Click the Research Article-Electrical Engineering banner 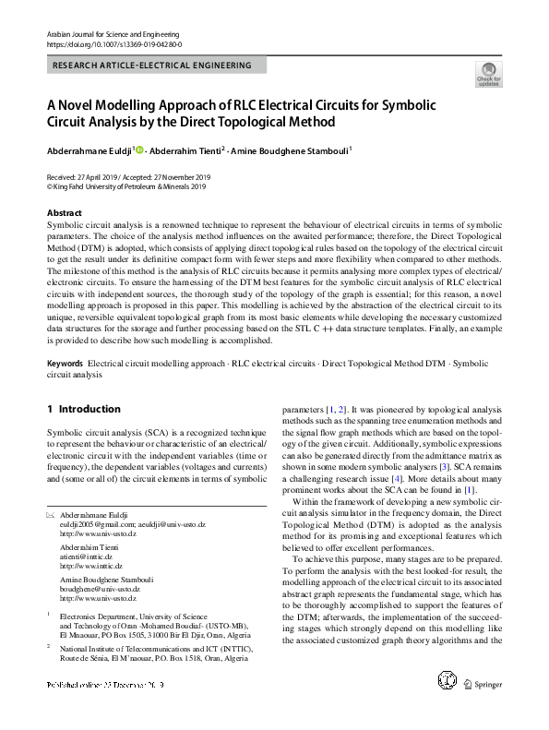[156, 66]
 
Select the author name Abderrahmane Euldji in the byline [89, 149]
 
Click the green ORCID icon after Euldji [140, 149]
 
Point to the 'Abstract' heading [65, 213]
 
